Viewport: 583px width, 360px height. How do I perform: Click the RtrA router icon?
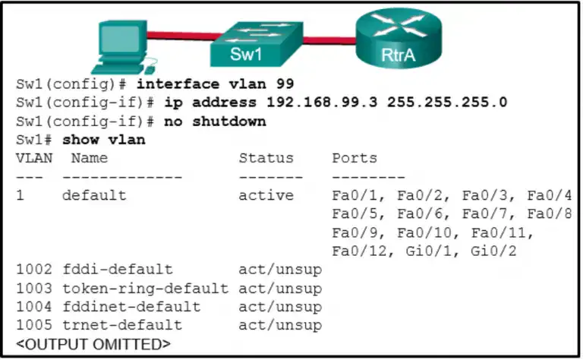tap(399, 38)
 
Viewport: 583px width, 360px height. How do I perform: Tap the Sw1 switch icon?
tap(257, 44)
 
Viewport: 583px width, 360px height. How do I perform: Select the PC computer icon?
tap(124, 47)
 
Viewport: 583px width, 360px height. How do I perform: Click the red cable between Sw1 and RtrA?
tap(329, 40)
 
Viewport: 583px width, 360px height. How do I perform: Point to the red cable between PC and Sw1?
tap(184, 36)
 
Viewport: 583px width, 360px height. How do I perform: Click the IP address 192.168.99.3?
tap(322, 103)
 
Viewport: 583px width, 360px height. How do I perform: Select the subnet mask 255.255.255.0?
tap(447, 103)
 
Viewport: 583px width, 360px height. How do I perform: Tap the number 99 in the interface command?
tap(285, 84)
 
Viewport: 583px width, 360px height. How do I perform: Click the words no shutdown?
tap(216, 122)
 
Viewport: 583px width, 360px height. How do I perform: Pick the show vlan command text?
tap(104, 140)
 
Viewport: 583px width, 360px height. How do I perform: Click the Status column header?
tap(266, 158)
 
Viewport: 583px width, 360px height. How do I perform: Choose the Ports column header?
tap(355, 158)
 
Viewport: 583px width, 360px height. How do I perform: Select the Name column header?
tap(90, 158)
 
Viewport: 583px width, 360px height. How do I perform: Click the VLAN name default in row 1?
tap(94, 195)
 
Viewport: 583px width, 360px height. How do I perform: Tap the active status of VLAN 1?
tap(266, 195)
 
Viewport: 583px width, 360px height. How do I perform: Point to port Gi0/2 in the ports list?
tap(493, 251)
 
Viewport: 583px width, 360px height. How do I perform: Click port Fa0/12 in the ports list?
tap(359, 251)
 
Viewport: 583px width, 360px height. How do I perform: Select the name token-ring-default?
tap(146, 288)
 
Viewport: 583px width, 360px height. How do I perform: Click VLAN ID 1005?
tap(34, 325)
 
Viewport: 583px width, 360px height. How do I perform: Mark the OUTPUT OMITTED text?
tap(93, 344)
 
